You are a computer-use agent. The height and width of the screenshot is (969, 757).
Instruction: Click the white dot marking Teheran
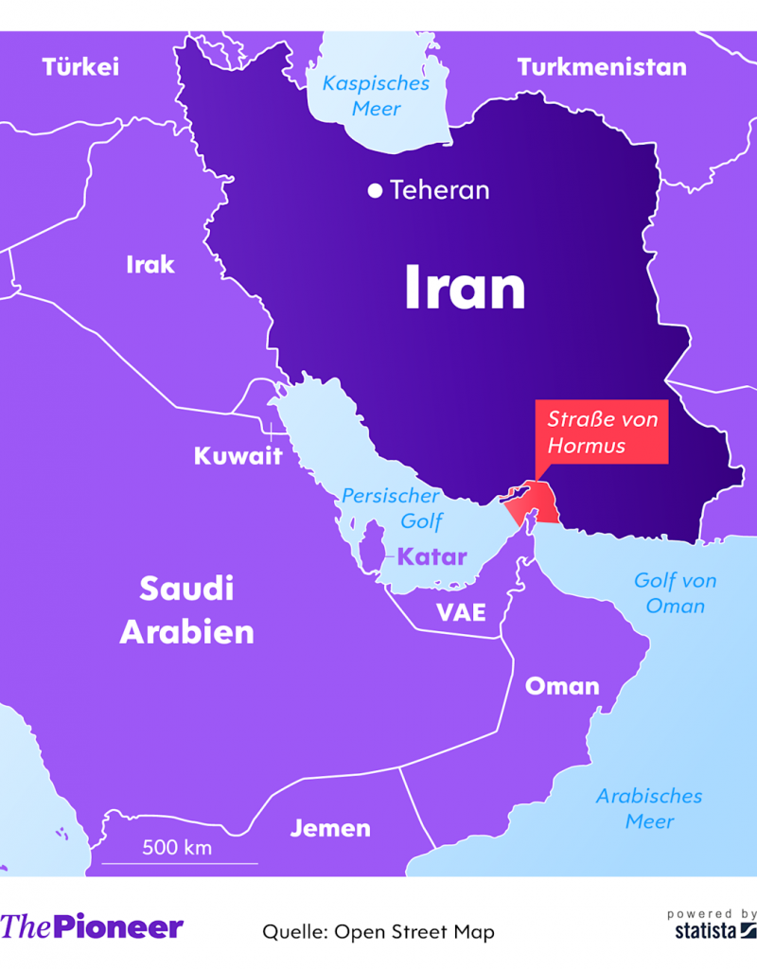(x=375, y=191)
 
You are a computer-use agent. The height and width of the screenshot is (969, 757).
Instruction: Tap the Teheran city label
(x=439, y=190)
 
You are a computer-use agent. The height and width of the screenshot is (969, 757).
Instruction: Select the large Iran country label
(x=465, y=288)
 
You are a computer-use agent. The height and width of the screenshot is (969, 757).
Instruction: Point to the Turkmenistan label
(x=602, y=67)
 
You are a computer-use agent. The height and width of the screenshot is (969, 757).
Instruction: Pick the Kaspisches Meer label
(x=376, y=96)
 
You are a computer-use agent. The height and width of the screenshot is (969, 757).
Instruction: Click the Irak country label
(x=150, y=264)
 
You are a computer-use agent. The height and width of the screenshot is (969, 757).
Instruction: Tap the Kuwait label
(x=238, y=456)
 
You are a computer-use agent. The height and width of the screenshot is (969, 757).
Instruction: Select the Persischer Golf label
(x=391, y=508)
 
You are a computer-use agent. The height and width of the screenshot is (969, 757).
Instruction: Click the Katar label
(x=431, y=556)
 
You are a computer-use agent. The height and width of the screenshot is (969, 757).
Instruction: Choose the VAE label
(x=461, y=612)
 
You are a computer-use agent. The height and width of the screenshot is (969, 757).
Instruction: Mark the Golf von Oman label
(x=675, y=592)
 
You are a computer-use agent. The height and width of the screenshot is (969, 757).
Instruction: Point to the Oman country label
(x=562, y=686)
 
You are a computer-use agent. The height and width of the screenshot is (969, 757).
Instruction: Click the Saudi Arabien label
(x=186, y=610)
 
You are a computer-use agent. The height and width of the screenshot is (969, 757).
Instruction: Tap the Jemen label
(x=330, y=828)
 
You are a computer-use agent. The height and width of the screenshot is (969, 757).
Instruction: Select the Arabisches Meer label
(x=649, y=808)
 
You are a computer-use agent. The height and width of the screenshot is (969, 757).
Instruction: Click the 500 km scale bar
(x=179, y=861)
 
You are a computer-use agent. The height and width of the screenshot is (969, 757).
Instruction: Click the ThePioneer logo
(x=92, y=926)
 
